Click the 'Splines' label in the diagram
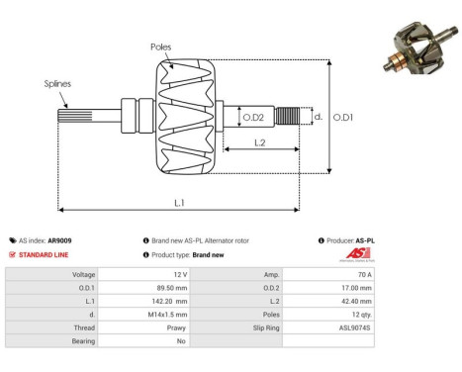(x=57, y=86)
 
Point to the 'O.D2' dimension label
(x=253, y=118)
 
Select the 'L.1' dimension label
(x=191, y=203)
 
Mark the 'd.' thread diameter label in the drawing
(x=318, y=117)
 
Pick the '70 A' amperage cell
(x=363, y=274)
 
